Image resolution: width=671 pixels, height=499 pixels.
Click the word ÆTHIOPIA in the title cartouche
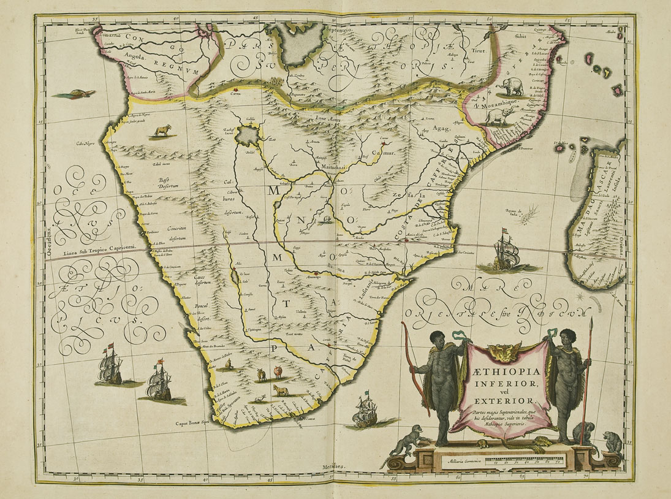(497, 372)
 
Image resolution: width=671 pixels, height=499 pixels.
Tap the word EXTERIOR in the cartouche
(497, 402)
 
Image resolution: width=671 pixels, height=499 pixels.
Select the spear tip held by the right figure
(591, 325)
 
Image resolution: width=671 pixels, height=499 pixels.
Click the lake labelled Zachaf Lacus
(249, 133)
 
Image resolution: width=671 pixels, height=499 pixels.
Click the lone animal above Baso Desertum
(164, 130)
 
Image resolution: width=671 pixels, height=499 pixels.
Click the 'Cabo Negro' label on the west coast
(87, 144)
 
